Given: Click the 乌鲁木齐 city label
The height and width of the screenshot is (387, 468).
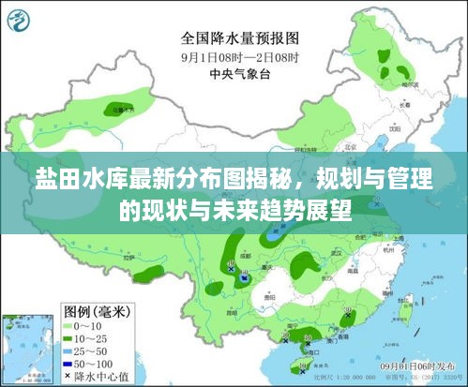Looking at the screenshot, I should pyautogui.click(x=121, y=111).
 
